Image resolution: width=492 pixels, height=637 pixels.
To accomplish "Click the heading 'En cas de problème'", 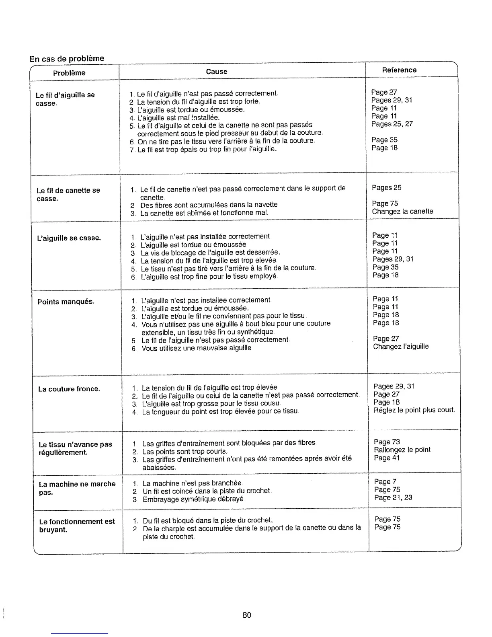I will click(67, 58).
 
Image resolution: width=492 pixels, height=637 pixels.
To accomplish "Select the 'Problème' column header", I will click(69, 73).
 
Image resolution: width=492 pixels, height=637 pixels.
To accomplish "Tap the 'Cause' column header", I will click(217, 72).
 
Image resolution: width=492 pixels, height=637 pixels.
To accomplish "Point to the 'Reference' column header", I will click(399, 70).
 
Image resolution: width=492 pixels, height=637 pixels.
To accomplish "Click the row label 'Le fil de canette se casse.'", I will click(68, 194).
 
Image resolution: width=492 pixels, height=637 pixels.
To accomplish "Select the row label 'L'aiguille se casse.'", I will click(69, 238).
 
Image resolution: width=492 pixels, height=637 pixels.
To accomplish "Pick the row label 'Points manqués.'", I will click(66, 302).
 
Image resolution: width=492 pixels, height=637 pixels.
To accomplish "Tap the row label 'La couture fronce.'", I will click(69, 389).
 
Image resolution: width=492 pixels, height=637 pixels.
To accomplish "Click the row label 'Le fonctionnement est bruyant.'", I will click(77, 525).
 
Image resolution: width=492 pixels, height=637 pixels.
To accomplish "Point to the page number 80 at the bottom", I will click(247, 615).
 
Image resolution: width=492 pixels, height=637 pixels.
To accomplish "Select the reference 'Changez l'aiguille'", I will click(401, 347).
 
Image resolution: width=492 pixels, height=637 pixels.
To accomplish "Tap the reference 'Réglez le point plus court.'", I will click(414, 410).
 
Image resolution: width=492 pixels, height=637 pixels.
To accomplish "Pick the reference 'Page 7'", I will click(385, 482).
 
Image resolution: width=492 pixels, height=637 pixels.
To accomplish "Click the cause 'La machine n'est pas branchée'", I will click(192, 483).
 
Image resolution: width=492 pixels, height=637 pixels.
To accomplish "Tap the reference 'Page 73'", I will click(387, 442).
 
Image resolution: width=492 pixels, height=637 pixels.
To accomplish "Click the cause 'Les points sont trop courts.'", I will click(184, 451).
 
